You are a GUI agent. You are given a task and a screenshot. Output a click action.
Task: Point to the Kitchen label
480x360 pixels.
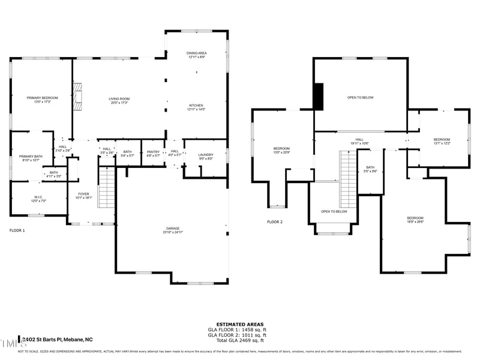tap(196, 107)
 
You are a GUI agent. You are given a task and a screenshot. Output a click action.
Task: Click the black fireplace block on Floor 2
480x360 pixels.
tap(319, 97)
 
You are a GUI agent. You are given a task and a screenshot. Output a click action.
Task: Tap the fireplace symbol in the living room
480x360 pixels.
tap(77, 98)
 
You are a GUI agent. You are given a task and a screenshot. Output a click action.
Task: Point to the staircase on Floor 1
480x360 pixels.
tap(106, 188)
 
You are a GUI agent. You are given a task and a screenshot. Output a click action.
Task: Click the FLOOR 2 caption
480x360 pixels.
tap(275, 222)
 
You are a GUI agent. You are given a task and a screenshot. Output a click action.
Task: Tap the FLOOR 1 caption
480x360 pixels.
tap(17, 230)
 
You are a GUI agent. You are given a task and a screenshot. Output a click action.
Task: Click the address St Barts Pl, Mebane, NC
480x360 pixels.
tap(58, 339)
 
